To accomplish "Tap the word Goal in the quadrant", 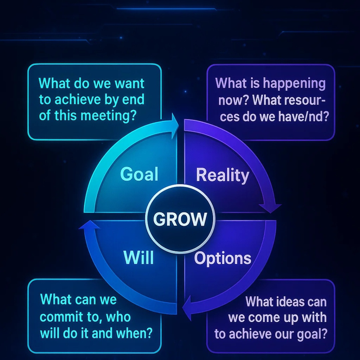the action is tap(139, 174).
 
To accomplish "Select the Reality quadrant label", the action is tap(222, 176).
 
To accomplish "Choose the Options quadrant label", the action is tap(223, 259).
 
